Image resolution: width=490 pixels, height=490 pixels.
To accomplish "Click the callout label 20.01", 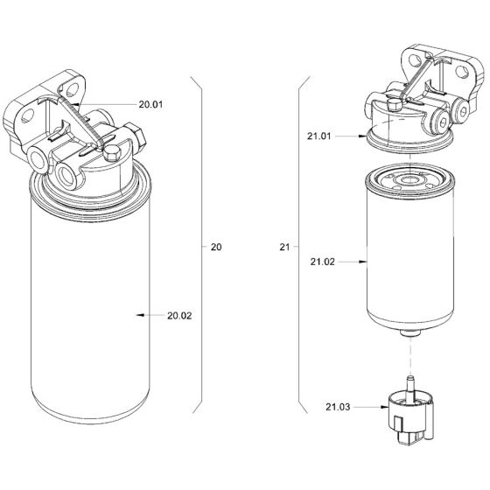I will pos(151,104).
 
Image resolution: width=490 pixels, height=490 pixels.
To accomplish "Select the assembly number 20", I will pos(216,248).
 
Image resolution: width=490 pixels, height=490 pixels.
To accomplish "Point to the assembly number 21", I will pos(283,248).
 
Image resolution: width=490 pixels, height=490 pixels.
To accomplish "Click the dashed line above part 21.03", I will pos(407,353).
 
